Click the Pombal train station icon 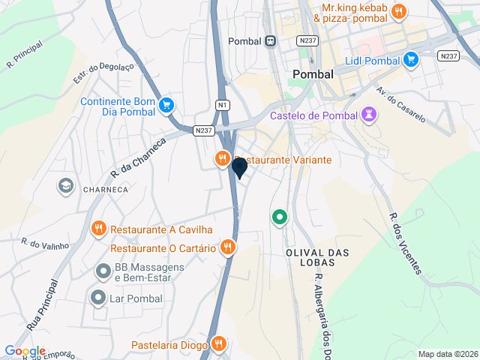coord(269,41)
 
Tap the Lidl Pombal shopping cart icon coord(410,59)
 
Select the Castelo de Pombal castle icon coord(369,115)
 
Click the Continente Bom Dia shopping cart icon coord(166,106)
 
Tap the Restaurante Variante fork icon coord(222,159)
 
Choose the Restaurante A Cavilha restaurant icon coord(98,229)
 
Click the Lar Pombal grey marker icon coord(97,298)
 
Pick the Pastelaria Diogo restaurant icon coord(218,344)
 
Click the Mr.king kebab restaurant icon coord(398,11)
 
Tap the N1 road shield coord(223,105)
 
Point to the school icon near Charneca coord(66,185)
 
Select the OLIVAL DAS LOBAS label coord(318,259)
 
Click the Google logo coord(25,351)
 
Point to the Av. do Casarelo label coord(402,104)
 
